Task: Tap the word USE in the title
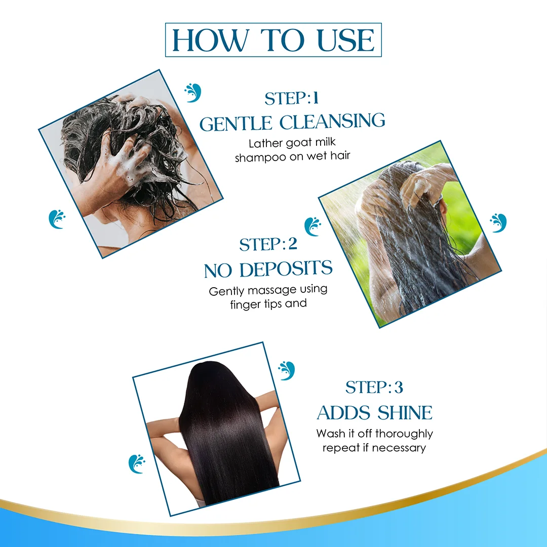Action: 346,40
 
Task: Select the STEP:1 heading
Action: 291,98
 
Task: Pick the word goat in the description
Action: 299,143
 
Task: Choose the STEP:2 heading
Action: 268,245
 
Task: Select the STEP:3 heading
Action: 374,387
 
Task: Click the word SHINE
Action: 405,413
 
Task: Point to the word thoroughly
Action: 404,434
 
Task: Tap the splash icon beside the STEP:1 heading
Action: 192,93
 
